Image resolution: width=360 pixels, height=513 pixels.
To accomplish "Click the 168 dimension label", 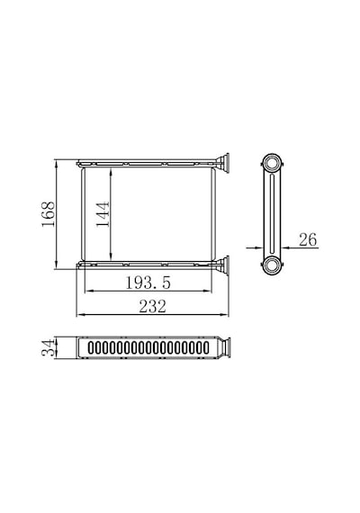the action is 48,214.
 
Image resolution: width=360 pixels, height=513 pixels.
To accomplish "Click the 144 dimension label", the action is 103,214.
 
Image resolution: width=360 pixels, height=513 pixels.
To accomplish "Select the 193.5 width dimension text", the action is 148,283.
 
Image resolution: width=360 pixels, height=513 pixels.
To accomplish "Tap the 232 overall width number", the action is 152,307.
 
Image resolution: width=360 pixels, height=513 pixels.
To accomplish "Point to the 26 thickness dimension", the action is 308,239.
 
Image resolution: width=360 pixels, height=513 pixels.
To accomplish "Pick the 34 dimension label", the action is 48,347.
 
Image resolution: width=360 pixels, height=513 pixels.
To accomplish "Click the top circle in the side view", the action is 272,163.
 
